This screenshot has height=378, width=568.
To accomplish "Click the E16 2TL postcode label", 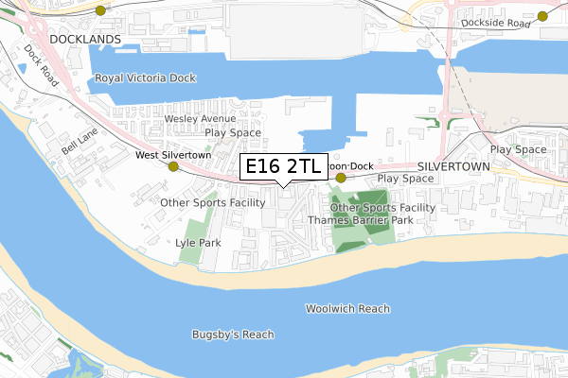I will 283,167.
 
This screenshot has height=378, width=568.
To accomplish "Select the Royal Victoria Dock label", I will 145,78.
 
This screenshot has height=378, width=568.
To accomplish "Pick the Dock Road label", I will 42,67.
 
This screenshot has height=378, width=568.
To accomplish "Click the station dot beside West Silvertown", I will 173,166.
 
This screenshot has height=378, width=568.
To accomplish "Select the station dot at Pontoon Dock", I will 341,177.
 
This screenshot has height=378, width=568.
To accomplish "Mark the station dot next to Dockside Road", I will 542,15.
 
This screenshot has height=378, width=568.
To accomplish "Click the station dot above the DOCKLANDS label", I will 101,9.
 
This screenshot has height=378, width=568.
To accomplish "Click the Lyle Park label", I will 198,243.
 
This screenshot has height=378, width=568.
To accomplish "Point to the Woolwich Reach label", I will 347,309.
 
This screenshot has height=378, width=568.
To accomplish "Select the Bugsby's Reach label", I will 232,335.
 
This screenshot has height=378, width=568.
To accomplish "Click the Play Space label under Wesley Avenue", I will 233,133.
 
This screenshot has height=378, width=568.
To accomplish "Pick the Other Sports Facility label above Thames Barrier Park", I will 382,207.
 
